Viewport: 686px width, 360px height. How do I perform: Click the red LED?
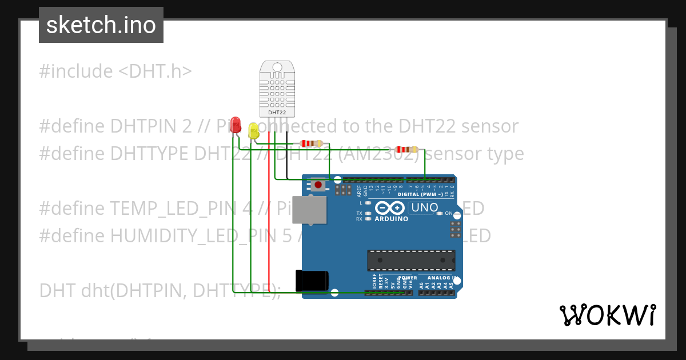(235, 126)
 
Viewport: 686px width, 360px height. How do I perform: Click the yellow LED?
(253, 132)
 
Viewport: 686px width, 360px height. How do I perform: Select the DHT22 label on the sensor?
(277, 112)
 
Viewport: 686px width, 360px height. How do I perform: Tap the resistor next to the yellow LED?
(307, 144)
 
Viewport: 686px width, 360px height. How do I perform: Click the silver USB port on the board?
(309, 210)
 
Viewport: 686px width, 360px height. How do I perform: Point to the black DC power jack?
(312, 280)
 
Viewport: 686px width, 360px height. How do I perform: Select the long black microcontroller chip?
(411, 261)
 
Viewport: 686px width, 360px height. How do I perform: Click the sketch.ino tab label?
(101, 25)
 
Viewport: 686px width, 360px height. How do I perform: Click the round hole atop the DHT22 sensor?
(277, 67)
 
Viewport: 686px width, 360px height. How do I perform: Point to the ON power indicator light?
(439, 214)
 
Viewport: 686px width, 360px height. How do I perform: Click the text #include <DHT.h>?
(115, 71)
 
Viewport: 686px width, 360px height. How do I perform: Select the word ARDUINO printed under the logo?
(391, 219)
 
